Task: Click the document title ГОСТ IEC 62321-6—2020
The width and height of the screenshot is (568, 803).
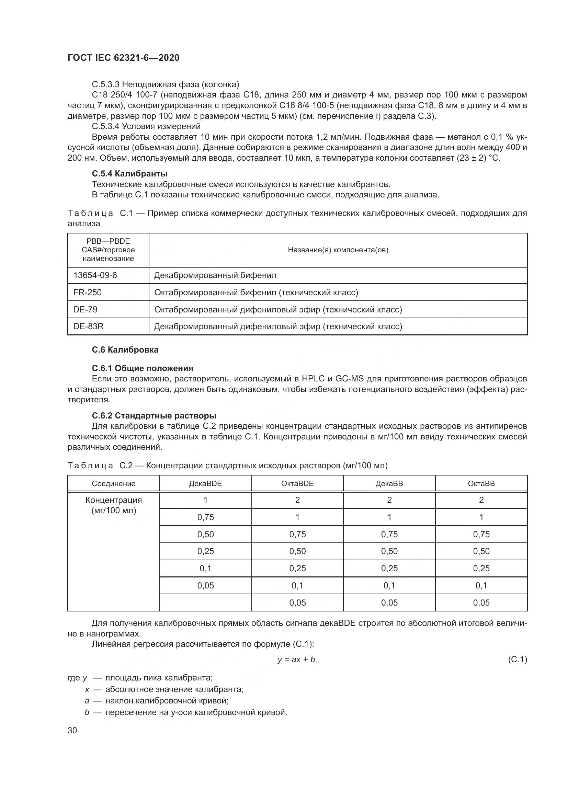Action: pyautogui.click(x=123, y=58)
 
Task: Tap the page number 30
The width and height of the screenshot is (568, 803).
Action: pyautogui.click(x=72, y=730)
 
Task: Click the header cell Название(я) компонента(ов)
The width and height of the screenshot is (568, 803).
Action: pyautogui.click(x=338, y=250)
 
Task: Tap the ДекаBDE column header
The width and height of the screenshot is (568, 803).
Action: pyautogui.click(x=205, y=484)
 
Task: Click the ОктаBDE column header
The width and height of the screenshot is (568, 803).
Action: pyautogui.click(x=297, y=484)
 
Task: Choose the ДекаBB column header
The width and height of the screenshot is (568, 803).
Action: pyautogui.click(x=389, y=484)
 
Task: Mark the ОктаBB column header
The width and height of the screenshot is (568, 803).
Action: pyautogui.click(x=481, y=484)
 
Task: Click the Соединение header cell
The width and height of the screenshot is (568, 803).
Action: pyautogui.click(x=113, y=484)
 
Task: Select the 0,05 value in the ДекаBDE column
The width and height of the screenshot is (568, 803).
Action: pyautogui.click(x=205, y=585)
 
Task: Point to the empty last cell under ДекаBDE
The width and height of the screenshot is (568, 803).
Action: pyautogui.click(x=205, y=603)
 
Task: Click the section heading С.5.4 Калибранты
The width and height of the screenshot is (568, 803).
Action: pyautogui.click(x=129, y=173)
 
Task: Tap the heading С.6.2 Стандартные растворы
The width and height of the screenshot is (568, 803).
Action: pyautogui.click(x=154, y=415)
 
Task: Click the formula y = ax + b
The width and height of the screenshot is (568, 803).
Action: pyautogui.click(x=297, y=659)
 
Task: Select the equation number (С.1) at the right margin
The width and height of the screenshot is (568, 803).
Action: pyautogui.click(x=517, y=659)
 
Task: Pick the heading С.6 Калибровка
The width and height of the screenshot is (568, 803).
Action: pyautogui.click(x=125, y=350)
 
